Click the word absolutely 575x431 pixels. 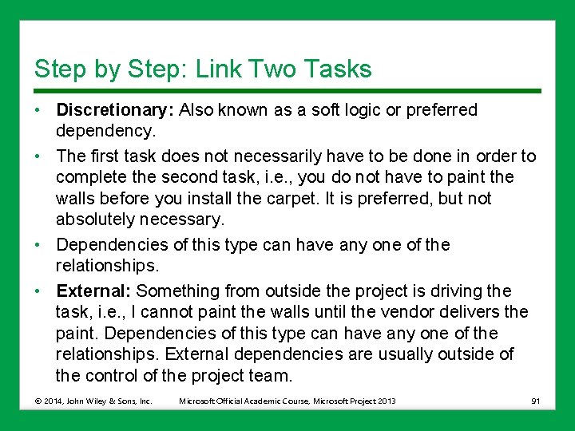pyautogui.click(x=95, y=219)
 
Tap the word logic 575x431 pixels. pyautogui.click(x=363, y=110)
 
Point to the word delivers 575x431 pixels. pyautogui.click(x=478, y=312)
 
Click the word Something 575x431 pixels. pyautogui.click(x=176, y=291)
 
